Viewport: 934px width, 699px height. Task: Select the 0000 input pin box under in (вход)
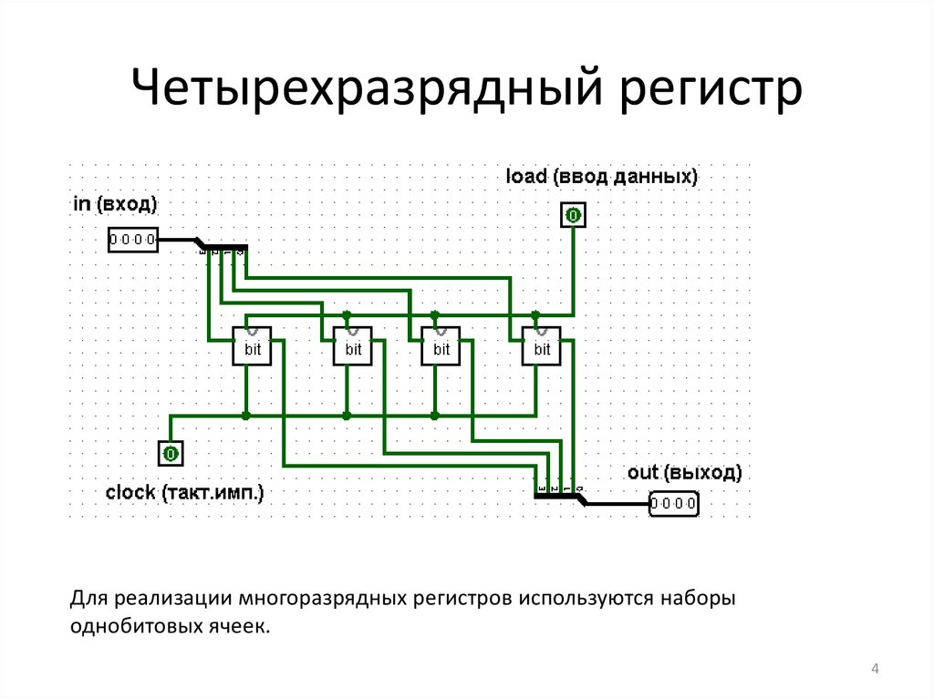coord(132,241)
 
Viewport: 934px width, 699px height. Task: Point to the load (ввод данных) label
coord(602,176)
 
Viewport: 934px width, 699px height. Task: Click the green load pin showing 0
coord(573,216)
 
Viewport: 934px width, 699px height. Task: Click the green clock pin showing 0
coord(171,453)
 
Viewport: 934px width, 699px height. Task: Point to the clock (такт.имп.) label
coord(184,493)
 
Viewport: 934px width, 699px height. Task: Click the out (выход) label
coord(684,473)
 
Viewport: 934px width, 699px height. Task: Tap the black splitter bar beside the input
coord(223,247)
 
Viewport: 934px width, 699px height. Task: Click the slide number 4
coord(875,672)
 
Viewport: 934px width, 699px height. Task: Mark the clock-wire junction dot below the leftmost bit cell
coord(246,416)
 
